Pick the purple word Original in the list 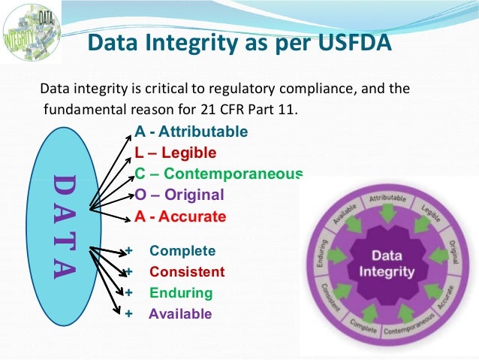194,195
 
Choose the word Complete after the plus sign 182,251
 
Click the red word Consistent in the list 187,272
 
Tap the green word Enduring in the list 181,293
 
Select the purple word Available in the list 180,314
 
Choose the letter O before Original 140,195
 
